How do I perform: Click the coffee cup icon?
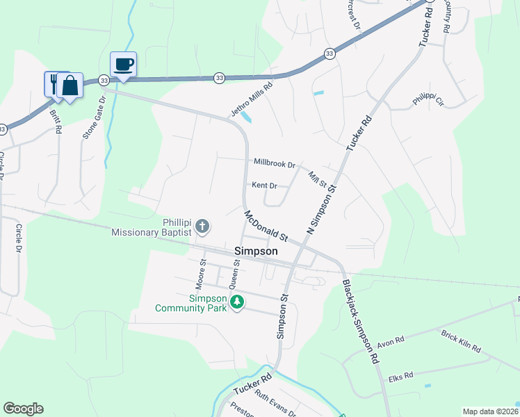coord(123,65)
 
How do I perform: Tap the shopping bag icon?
coord(70,85)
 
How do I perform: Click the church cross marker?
coord(202,225)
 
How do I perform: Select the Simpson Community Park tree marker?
coord(237,302)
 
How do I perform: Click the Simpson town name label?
coord(257,252)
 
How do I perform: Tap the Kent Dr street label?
coord(264,186)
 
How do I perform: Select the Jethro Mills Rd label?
coord(251,99)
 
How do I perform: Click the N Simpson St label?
coord(322,209)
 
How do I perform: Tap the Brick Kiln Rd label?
coord(460,341)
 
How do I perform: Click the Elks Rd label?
coord(401,375)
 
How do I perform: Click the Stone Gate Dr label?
coord(94,117)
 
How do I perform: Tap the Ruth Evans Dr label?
coord(275,404)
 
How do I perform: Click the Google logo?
coord(23,409)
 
